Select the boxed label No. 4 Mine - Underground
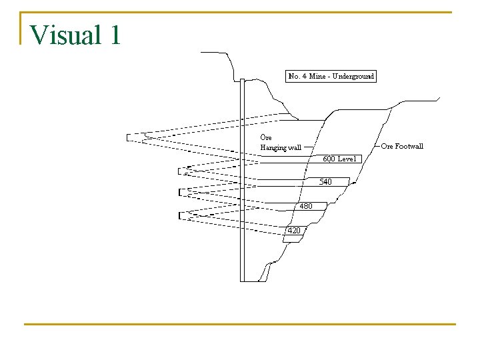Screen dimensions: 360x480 (x=331, y=76)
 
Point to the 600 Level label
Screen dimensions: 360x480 (x=340, y=159)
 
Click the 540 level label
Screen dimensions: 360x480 (x=325, y=181)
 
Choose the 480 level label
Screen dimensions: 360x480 (x=305, y=206)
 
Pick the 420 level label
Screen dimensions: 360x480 (x=293, y=230)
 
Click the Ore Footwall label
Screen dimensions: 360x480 (x=402, y=146)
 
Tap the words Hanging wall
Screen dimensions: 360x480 (x=281, y=147)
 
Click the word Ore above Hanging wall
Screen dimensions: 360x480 (x=265, y=137)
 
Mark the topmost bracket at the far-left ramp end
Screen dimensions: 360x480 (x=128, y=138)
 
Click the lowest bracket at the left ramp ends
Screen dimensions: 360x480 (x=180, y=215)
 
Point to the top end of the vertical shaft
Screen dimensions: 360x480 (x=243, y=81)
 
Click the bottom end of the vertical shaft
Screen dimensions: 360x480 (x=243, y=280)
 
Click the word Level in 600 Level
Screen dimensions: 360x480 (x=348, y=159)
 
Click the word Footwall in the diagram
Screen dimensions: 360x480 (x=408, y=146)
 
